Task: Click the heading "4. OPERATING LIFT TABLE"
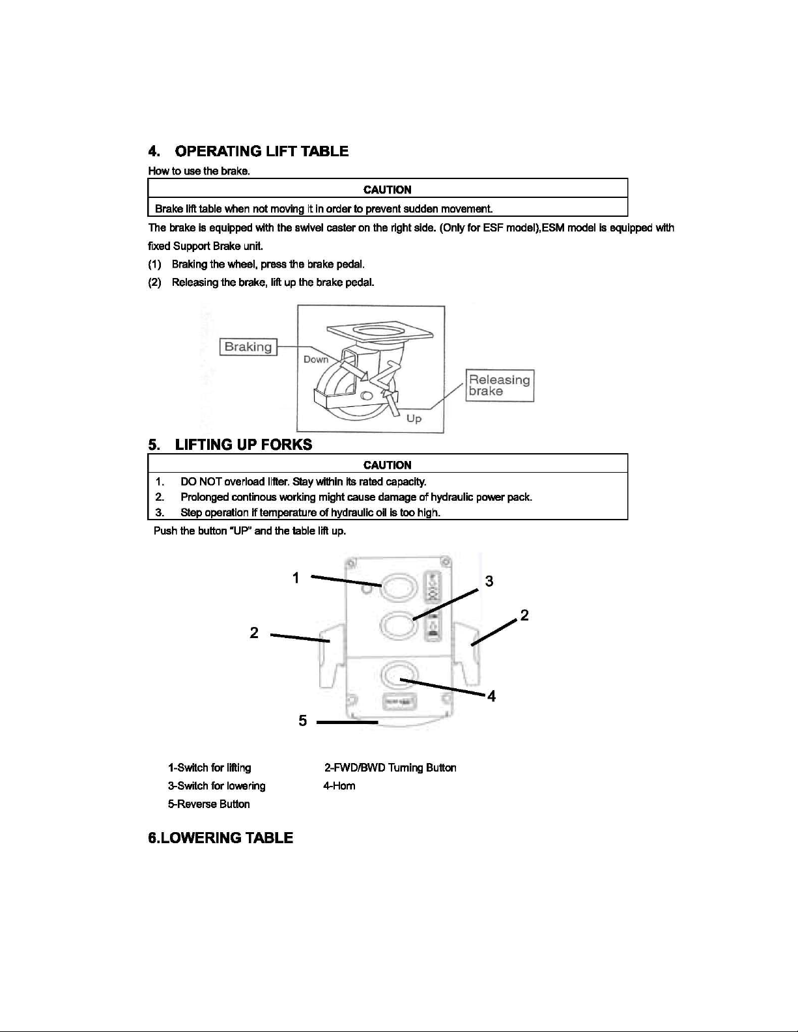pos(249,152)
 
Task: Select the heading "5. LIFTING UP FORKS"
pos(230,445)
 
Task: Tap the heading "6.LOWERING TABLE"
pos(221,838)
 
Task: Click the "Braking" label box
pos(248,347)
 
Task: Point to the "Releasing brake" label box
pos(500,385)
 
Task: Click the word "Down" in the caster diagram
pos(317,359)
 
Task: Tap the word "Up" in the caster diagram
pos(414,419)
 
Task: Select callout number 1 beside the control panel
pos(296,578)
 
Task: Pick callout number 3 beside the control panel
pos(489,581)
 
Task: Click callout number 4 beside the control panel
pos(492,697)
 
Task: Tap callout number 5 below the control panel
pos(303,720)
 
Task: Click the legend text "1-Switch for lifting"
pos(209,768)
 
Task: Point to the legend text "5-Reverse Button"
pos(208,805)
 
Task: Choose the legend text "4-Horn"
pos(339,787)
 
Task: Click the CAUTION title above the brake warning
pos(388,189)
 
